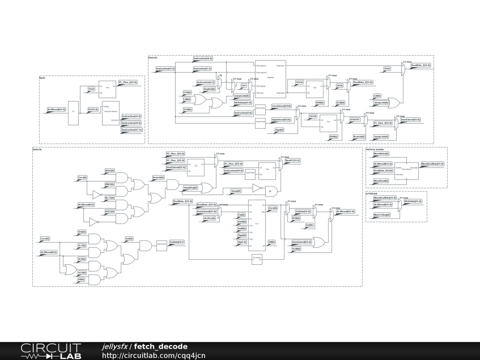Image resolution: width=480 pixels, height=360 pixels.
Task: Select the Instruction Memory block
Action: (x=111, y=113)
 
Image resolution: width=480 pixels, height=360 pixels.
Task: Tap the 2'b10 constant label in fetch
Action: (x=91, y=89)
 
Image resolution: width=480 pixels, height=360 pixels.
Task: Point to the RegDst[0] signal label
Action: (x=209, y=89)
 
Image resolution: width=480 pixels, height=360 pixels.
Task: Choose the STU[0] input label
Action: (x=187, y=93)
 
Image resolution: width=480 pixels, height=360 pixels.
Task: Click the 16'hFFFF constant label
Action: (x=355, y=120)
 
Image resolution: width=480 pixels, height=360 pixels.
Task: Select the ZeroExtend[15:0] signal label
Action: (x=281, y=106)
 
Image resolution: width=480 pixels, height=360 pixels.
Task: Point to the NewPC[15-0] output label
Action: (x=292, y=160)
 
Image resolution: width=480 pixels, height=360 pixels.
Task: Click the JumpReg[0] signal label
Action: (x=190, y=187)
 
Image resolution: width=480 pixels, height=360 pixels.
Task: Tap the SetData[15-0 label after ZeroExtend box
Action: (x=177, y=242)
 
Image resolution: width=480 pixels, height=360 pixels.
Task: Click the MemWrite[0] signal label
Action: (x=381, y=154)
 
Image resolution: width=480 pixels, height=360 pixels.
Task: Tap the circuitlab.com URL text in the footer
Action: (x=154, y=355)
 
